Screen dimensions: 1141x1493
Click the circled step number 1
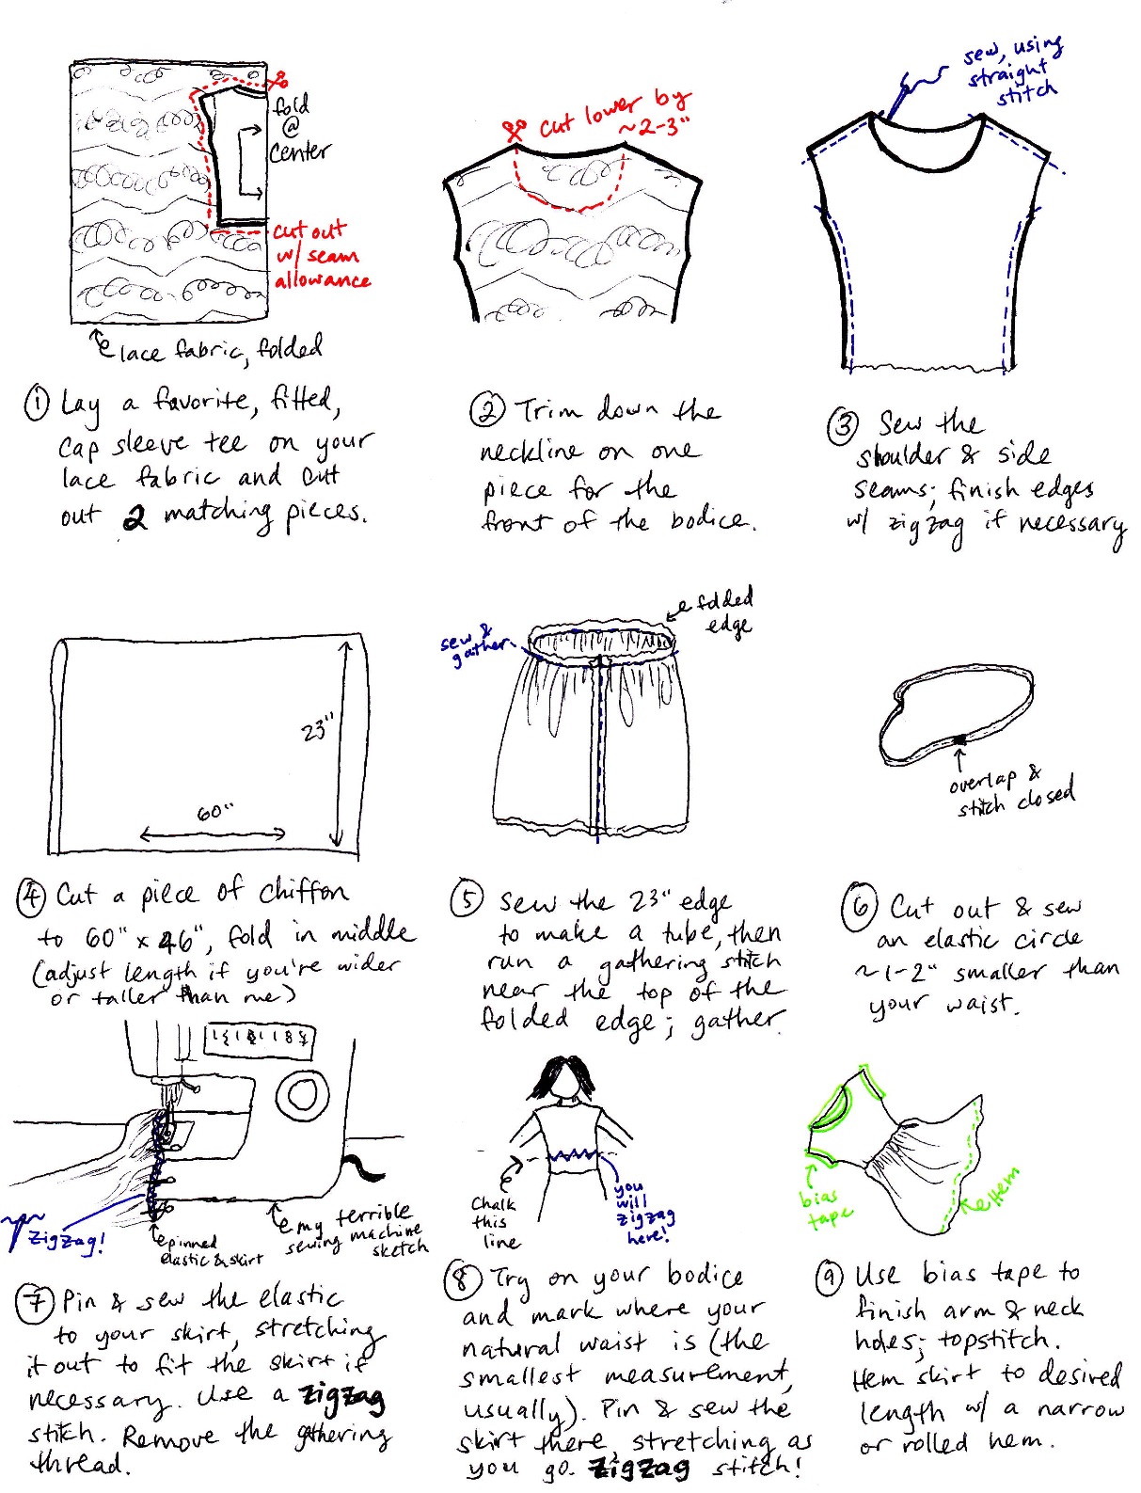36,404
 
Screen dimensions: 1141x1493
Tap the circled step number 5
467,899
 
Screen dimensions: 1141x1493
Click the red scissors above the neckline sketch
515,129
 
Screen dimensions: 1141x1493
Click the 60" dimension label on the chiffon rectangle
214,812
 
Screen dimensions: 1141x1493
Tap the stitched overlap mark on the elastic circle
959,739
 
